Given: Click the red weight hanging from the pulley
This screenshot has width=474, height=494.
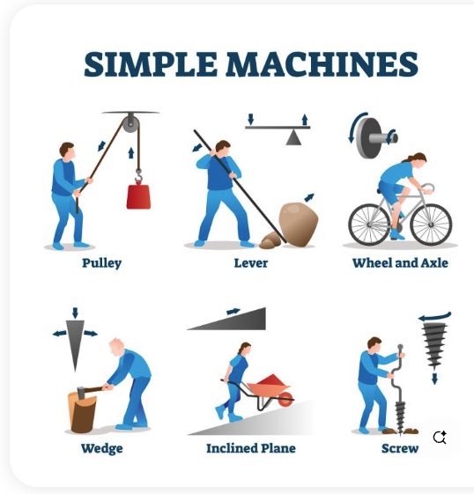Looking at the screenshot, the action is point(138,197).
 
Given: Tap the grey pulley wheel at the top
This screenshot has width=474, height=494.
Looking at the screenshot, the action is point(130,124).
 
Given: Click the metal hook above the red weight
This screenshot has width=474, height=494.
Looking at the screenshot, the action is point(138,176).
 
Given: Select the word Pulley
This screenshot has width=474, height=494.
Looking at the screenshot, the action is point(102,263).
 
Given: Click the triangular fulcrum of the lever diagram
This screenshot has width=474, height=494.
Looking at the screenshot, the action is point(293,137).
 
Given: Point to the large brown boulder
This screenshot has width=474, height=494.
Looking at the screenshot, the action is point(298,224).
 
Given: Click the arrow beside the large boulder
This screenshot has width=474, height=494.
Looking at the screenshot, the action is point(309,197).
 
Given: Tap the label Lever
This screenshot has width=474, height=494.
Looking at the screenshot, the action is point(251,263).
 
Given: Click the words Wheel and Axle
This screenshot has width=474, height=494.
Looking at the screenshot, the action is point(400,262).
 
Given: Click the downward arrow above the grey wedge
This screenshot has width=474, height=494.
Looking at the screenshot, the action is point(75,313).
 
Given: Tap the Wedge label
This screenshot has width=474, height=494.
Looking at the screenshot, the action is point(102,448).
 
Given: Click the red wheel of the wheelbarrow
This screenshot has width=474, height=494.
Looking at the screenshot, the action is point(285,400).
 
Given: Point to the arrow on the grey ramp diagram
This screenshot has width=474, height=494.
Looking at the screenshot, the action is point(233,312).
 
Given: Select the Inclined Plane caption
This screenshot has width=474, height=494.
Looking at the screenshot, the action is point(251,448).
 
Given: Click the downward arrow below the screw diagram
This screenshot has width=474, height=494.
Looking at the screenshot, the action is point(434,379).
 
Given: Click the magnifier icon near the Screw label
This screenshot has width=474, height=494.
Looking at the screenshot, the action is point(440,438).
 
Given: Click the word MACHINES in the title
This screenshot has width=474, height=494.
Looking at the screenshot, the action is point(322,64).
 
